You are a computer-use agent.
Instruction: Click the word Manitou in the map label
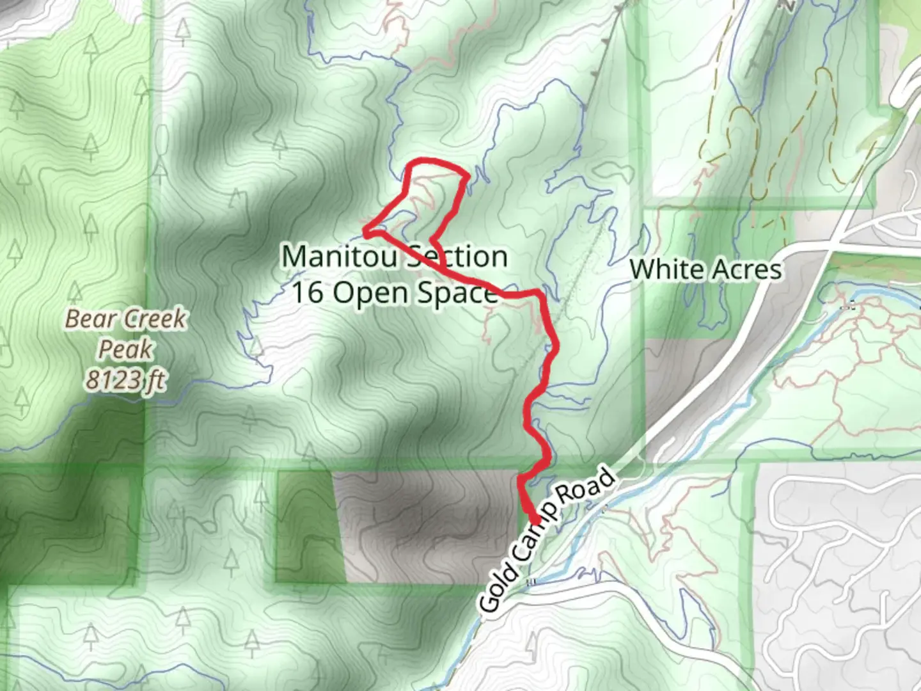[339, 257]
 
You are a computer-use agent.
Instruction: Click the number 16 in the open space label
[307, 292]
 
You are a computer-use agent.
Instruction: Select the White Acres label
[705, 269]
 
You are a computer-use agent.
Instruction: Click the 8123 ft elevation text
[125, 380]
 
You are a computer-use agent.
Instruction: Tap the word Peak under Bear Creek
[125, 349]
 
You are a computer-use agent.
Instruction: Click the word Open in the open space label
[371, 294]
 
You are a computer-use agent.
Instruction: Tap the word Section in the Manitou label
[457, 257]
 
